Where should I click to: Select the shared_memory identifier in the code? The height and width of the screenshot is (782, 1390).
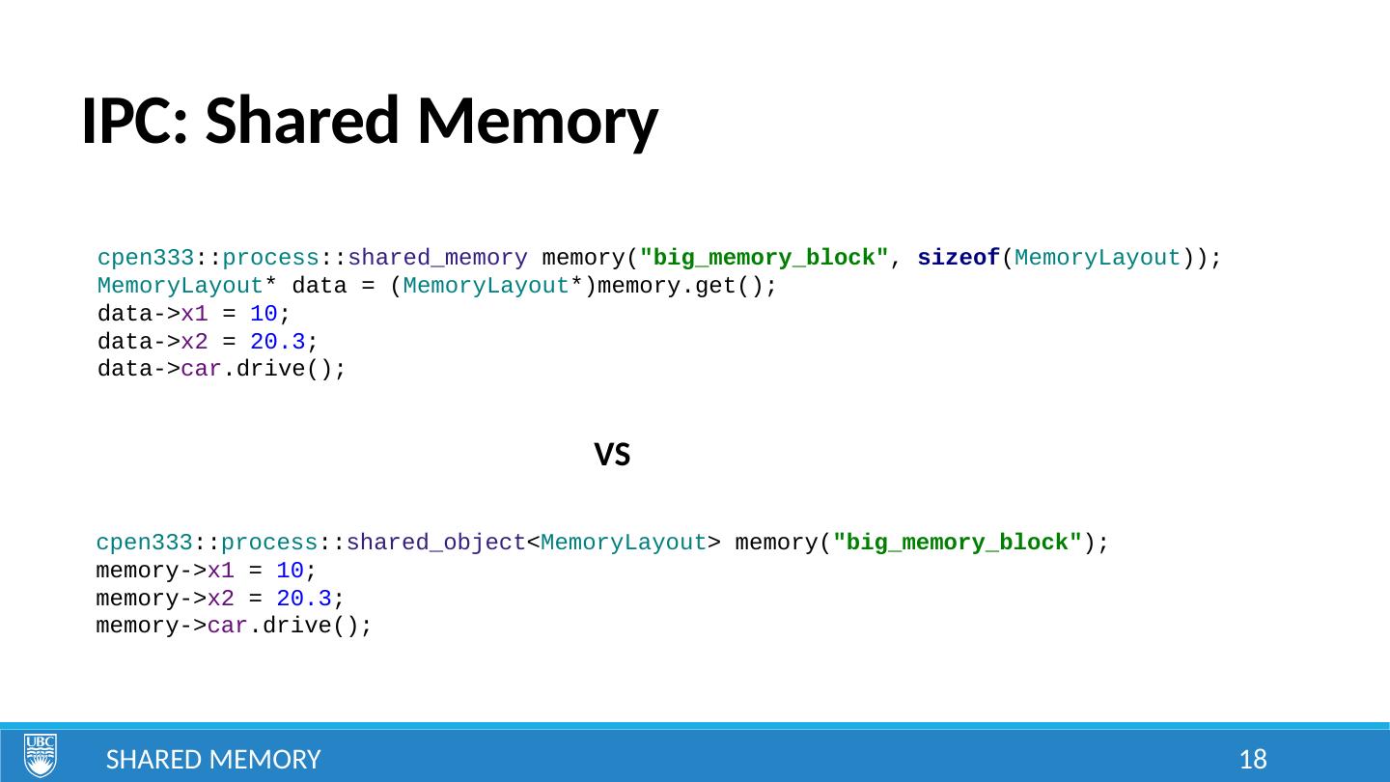point(437,259)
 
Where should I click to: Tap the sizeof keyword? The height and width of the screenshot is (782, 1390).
point(958,259)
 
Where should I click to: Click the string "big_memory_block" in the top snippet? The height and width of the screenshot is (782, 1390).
point(764,259)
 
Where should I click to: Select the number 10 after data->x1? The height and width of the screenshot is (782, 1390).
point(264,315)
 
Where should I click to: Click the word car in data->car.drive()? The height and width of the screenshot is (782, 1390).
point(202,370)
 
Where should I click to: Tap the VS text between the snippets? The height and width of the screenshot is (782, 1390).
point(612,455)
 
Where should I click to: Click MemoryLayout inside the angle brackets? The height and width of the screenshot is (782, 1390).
point(625,543)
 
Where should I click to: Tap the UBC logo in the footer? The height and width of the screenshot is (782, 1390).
point(41,756)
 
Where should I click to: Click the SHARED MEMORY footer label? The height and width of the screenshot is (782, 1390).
point(213,760)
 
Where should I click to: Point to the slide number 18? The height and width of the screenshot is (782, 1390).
point(1253,760)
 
